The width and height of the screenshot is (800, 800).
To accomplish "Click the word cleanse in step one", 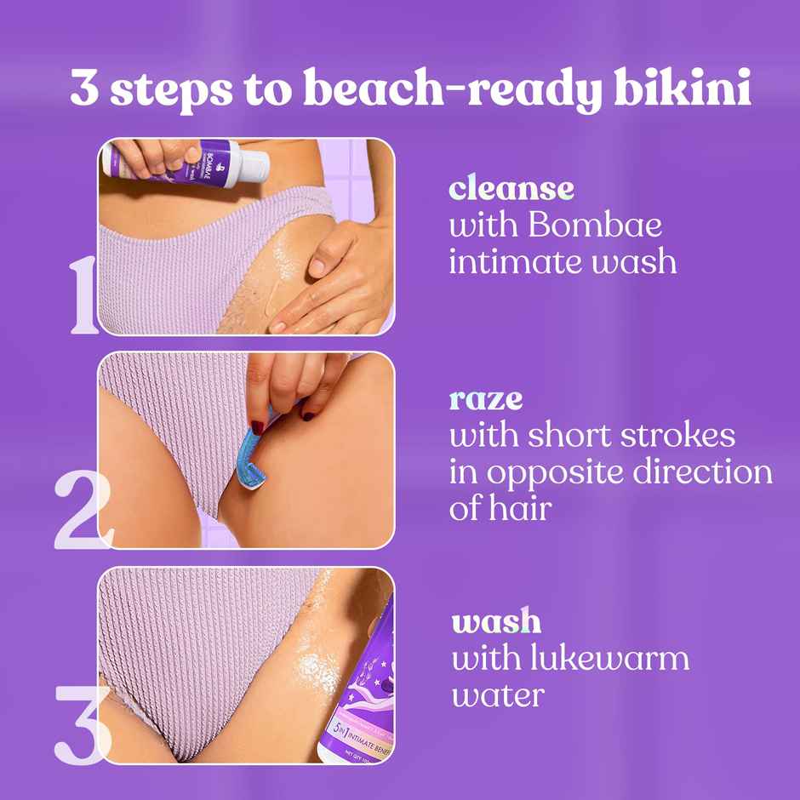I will click(x=511, y=188).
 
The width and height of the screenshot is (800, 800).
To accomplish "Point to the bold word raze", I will click(x=486, y=399).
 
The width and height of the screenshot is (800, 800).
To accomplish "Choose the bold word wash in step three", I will click(x=496, y=621).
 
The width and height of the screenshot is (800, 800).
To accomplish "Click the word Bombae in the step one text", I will click(x=595, y=226).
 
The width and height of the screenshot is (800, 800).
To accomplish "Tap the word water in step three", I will click(x=498, y=694).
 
